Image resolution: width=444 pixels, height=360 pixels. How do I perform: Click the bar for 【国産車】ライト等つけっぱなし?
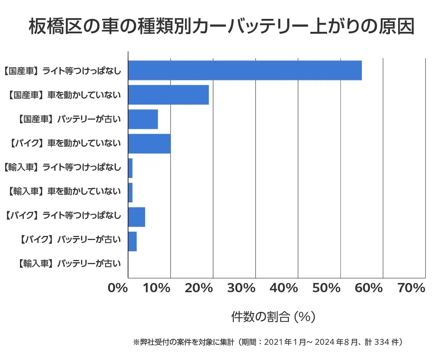pyautogui.click(x=245, y=70)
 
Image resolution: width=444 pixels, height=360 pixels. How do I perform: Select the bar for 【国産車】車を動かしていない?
pyautogui.click(x=168, y=95)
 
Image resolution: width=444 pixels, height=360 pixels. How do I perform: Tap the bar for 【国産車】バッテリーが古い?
pyautogui.click(x=143, y=119)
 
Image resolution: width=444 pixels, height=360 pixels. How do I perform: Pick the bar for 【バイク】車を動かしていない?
pyautogui.click(x=149, y=144)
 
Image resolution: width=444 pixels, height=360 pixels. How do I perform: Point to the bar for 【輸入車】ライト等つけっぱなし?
pyautogui.click(x=130, y=168)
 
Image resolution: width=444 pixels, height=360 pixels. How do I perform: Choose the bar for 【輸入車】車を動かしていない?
pyautogui.click(x=130, y=193)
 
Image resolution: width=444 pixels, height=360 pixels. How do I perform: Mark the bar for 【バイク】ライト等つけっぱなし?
pyautogui.click(x=137, y=217)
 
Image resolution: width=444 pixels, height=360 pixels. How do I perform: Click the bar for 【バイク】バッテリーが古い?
pyautogui.click(x=132, y=241)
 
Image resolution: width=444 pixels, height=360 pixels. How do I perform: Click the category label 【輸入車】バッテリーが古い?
pyautogui.click(x=69, y=264)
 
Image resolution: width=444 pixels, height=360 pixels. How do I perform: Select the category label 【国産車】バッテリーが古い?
pyautogui.click(x=69, y=119)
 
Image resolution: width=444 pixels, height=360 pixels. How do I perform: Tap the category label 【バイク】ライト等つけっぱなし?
pyautogui.click(x=63, y=215)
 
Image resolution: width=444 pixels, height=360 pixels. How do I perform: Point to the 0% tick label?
pyautogui.click(x=118, y=288)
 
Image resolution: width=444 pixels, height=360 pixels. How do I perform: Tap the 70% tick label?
pyautogui.click(x=411, y=288)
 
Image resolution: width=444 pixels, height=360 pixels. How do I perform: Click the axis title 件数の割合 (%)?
pyautogui.click(x=273, y=317)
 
